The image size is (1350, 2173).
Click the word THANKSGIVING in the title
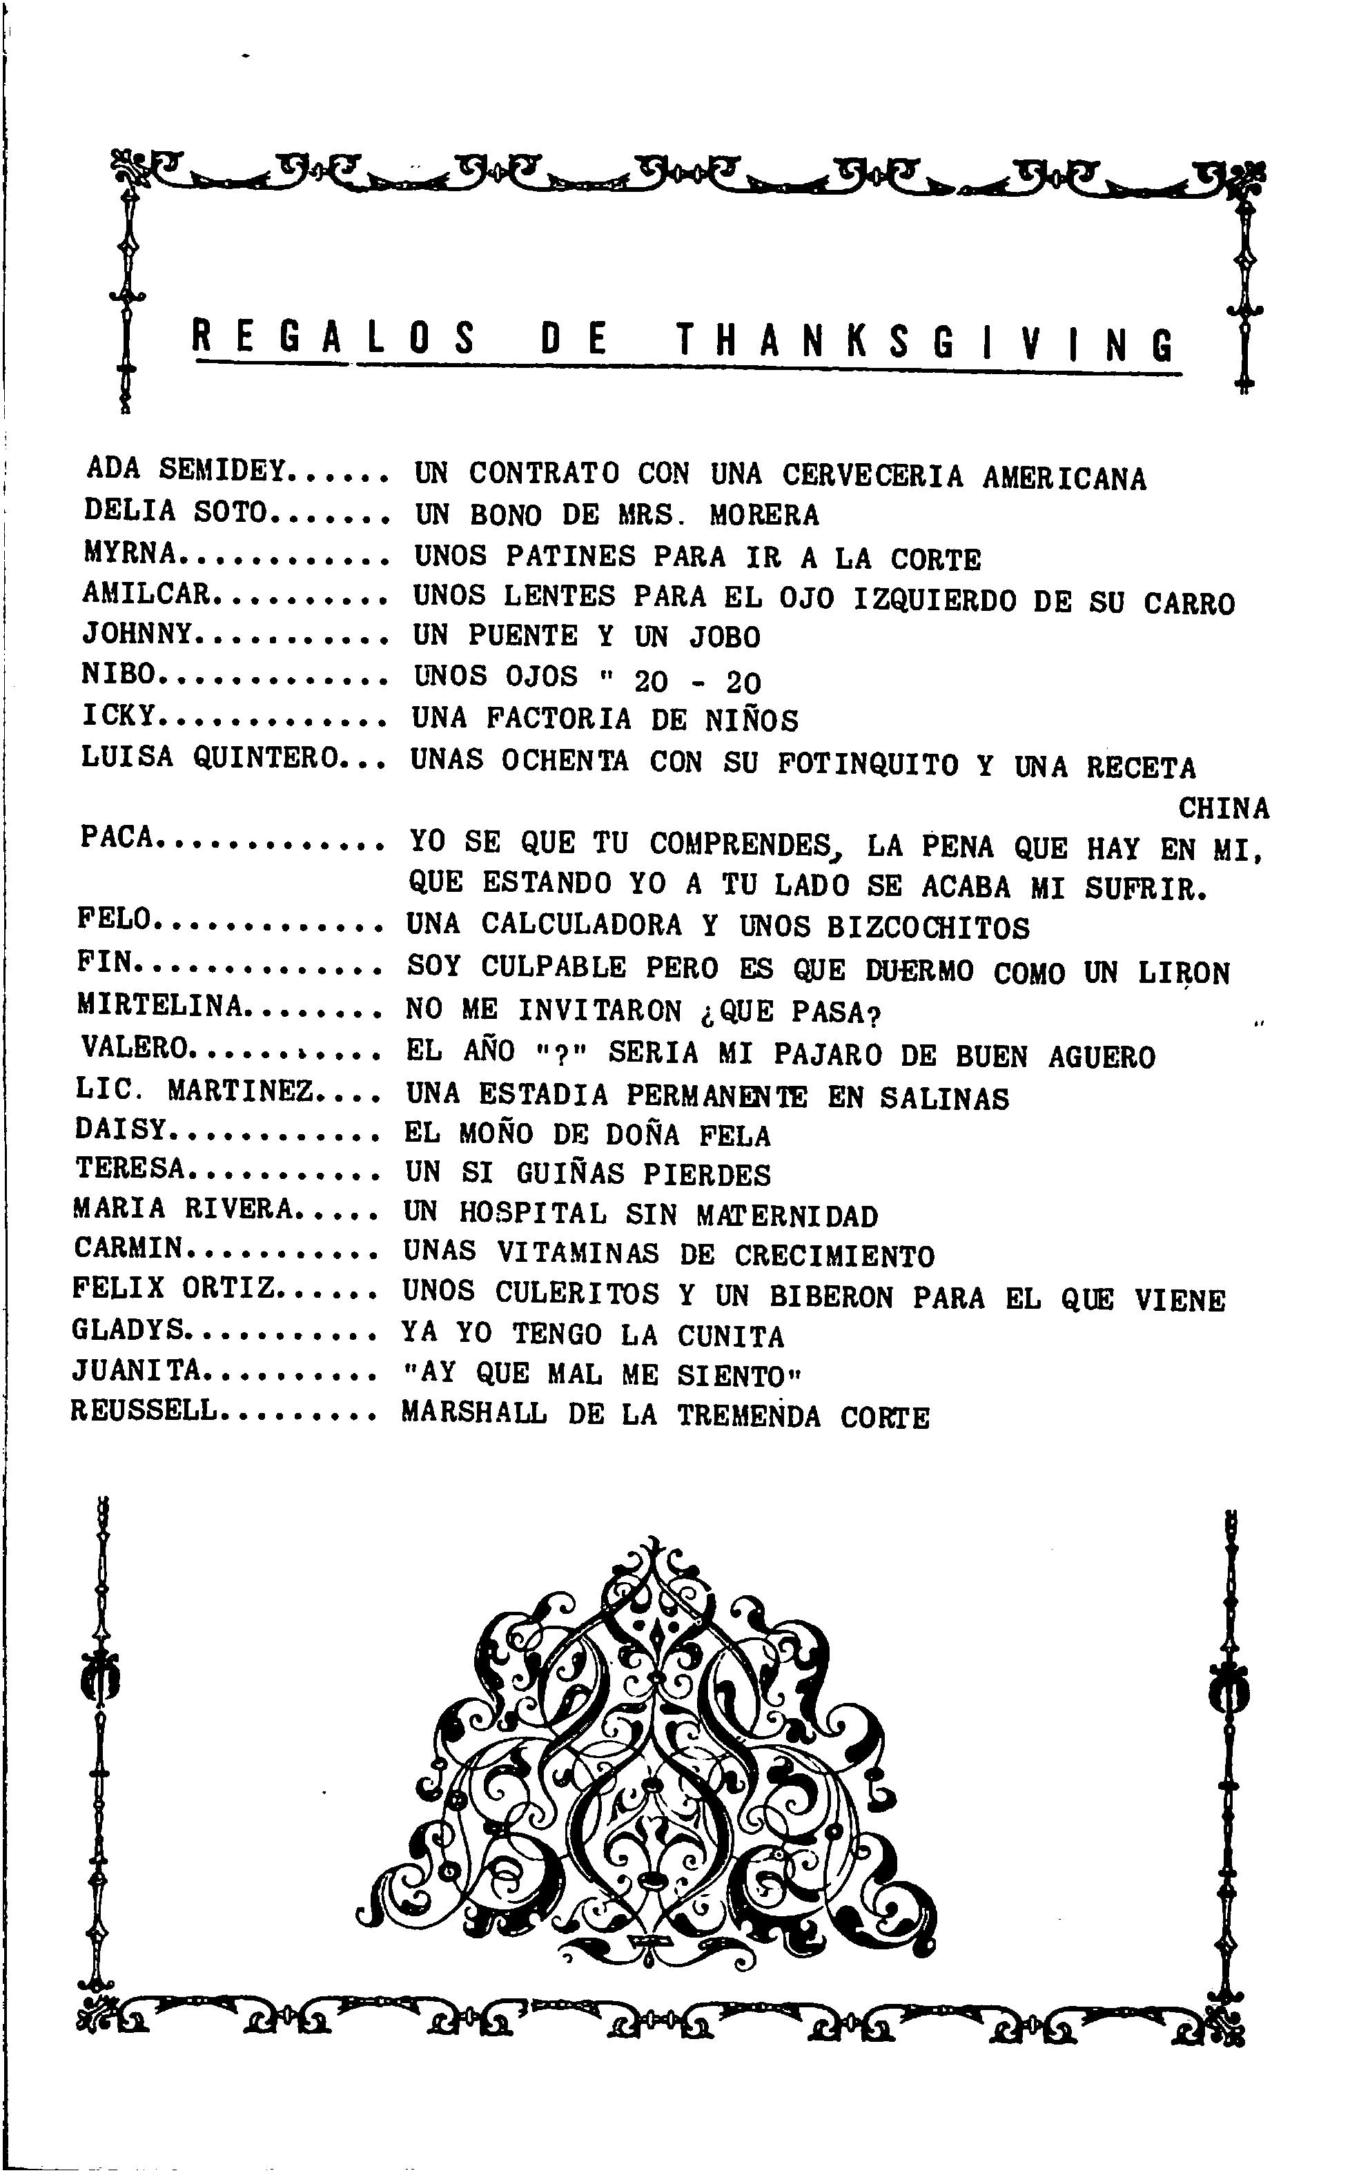tap(925, 341)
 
